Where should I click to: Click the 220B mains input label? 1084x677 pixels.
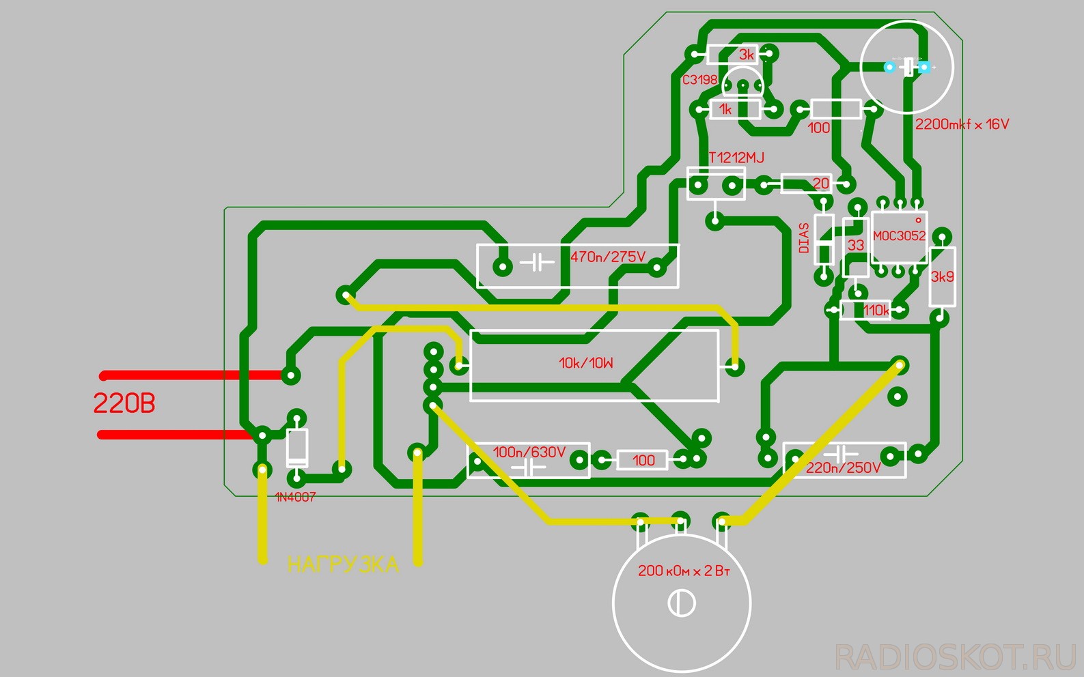pos(124,404)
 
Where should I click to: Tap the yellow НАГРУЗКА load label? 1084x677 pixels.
pos(343,565)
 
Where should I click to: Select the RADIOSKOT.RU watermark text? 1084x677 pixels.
pos(956,657)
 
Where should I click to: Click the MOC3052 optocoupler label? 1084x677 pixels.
pos(900,236)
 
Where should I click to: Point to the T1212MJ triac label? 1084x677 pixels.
pos(736,158)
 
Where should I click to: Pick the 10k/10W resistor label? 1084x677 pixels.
pos(586,363)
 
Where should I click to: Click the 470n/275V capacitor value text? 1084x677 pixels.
pos(608,257)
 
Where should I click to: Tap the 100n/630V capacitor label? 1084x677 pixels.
pos(529,452)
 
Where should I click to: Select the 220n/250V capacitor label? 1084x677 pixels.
pos(844,468)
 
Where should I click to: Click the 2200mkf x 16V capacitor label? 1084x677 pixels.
pos(962,124)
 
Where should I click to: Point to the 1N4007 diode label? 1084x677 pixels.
pos(296,498)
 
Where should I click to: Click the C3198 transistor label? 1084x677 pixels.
pos(700,80)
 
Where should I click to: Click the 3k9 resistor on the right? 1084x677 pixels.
pos(943,276)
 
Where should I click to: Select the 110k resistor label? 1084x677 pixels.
pos(876,311)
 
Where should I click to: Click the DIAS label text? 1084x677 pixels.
pos(804,238)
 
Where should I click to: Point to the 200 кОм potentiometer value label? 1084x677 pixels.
pos(684,571)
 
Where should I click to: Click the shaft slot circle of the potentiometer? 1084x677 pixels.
pos(681,603)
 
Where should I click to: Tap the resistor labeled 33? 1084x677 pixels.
pos(856,246)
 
